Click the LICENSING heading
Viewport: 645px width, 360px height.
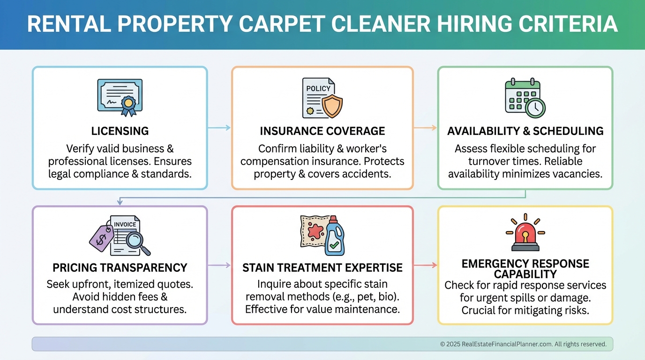120,131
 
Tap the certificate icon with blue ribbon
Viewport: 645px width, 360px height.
120,97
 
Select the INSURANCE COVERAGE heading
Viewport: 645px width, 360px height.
322,131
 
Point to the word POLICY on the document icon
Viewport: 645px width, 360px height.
318,88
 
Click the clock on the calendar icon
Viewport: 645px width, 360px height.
535,108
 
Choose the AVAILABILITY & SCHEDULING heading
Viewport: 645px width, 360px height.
525,131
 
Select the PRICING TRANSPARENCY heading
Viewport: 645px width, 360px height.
120,268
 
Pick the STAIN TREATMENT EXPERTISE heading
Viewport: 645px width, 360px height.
322,268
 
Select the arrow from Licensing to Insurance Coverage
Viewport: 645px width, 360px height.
219,127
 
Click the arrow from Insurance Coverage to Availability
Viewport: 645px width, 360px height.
425,127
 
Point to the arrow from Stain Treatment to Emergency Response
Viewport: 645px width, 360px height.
425,265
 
